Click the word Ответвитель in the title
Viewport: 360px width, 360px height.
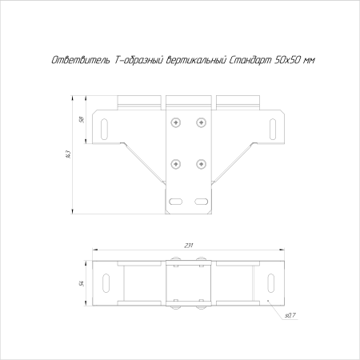80,60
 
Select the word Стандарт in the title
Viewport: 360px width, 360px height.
250,60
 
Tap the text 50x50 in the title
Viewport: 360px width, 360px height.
286,60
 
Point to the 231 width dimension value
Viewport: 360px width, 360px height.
189,246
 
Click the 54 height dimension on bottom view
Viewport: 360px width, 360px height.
82,283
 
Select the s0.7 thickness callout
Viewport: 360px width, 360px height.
290,315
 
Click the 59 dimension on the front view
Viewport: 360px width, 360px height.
82,119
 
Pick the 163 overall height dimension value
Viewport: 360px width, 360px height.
68,154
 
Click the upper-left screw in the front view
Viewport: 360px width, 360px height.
176,122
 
